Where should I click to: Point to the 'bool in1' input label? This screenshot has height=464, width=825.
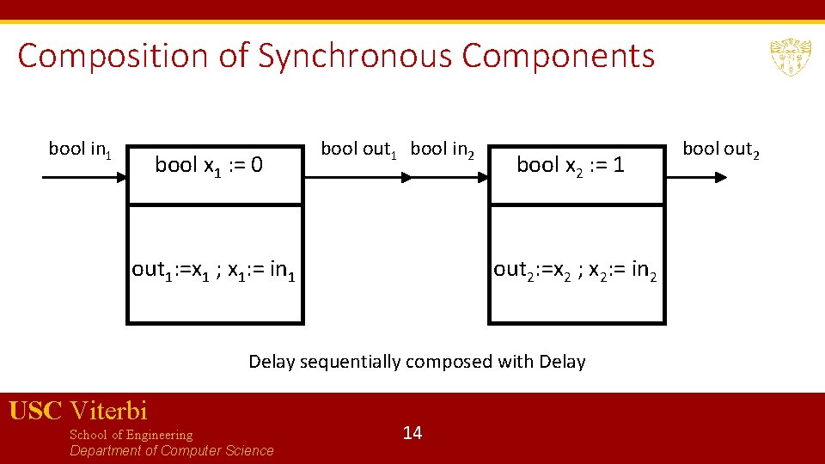[80, 150]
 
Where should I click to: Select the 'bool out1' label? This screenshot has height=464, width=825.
[360, 150]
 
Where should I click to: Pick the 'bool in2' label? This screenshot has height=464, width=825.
[443, 150]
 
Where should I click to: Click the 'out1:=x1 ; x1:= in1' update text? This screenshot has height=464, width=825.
[215, 271]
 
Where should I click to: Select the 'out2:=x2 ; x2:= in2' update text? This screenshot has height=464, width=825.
[577, 271]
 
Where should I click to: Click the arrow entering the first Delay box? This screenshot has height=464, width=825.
[84, 178]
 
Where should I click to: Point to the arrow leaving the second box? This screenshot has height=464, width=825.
[699, 178]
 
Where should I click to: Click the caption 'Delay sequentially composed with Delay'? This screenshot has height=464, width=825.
[417, 362]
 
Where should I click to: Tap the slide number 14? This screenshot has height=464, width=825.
[412, 432]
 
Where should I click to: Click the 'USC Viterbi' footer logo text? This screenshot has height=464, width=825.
[78, 411]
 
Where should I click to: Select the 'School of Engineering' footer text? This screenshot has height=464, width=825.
[131, 435]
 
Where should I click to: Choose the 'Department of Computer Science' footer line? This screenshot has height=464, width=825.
[172, 451]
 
